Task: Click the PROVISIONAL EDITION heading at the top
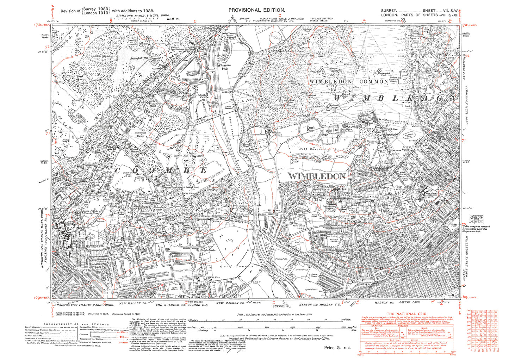(x=256, y=10)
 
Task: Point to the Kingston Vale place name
(x=224, y=67)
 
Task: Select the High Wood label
(x=76, y=76)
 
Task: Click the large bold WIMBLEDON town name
(x=317, y=176)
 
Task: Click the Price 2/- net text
(x=337, y=348)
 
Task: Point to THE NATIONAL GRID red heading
(x=406, y=314)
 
